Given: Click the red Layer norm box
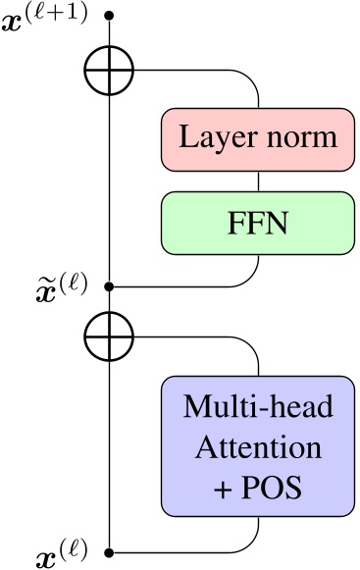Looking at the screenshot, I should click(257, 137).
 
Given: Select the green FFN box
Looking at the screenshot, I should click(257, 222).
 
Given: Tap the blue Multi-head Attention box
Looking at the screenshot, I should click(257, 446).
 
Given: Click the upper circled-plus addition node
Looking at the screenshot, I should click(109, 71).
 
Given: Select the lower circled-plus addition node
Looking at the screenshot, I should click(109, 337).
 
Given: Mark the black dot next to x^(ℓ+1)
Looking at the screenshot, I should click(109, 17).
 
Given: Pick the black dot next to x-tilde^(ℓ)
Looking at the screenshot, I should click(109, 286).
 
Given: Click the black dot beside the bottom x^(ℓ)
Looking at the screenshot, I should click(109, 553).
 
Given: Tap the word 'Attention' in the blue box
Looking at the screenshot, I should click(257, 447).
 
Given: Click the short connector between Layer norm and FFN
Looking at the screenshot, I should click(257, 180).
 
